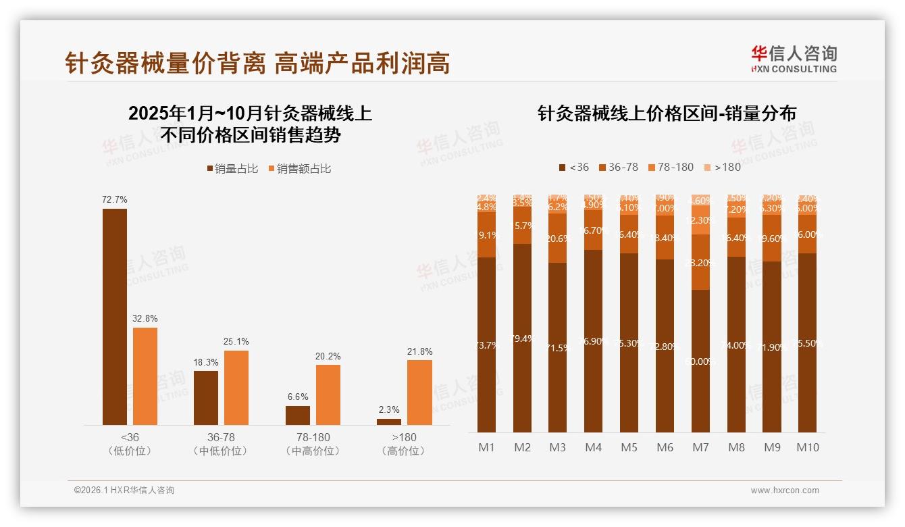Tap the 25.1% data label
click(236, 341)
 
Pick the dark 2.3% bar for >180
click(389, 422)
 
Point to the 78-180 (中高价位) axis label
click(313, 444)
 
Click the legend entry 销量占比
click(232, 169)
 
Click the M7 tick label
click(700, 447)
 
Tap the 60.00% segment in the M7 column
click(700, 361)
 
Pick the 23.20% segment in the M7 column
click(700, 262)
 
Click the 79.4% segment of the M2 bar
click(522, 338)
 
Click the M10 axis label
click(808, 447)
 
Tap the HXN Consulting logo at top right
click(794, 59)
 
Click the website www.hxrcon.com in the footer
click(785, 491)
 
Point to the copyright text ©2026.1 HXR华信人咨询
click(124, 491)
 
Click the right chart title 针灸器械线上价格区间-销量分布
click(667, 114)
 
